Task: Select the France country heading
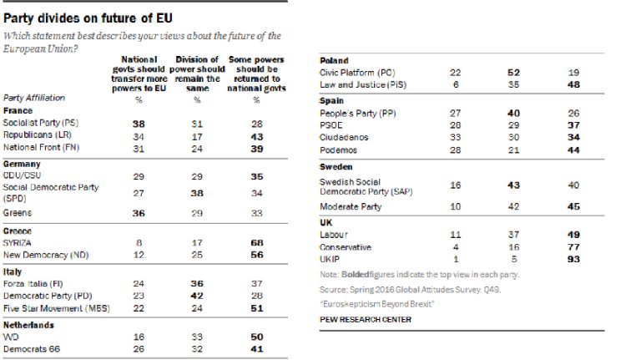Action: coord(18,110)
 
